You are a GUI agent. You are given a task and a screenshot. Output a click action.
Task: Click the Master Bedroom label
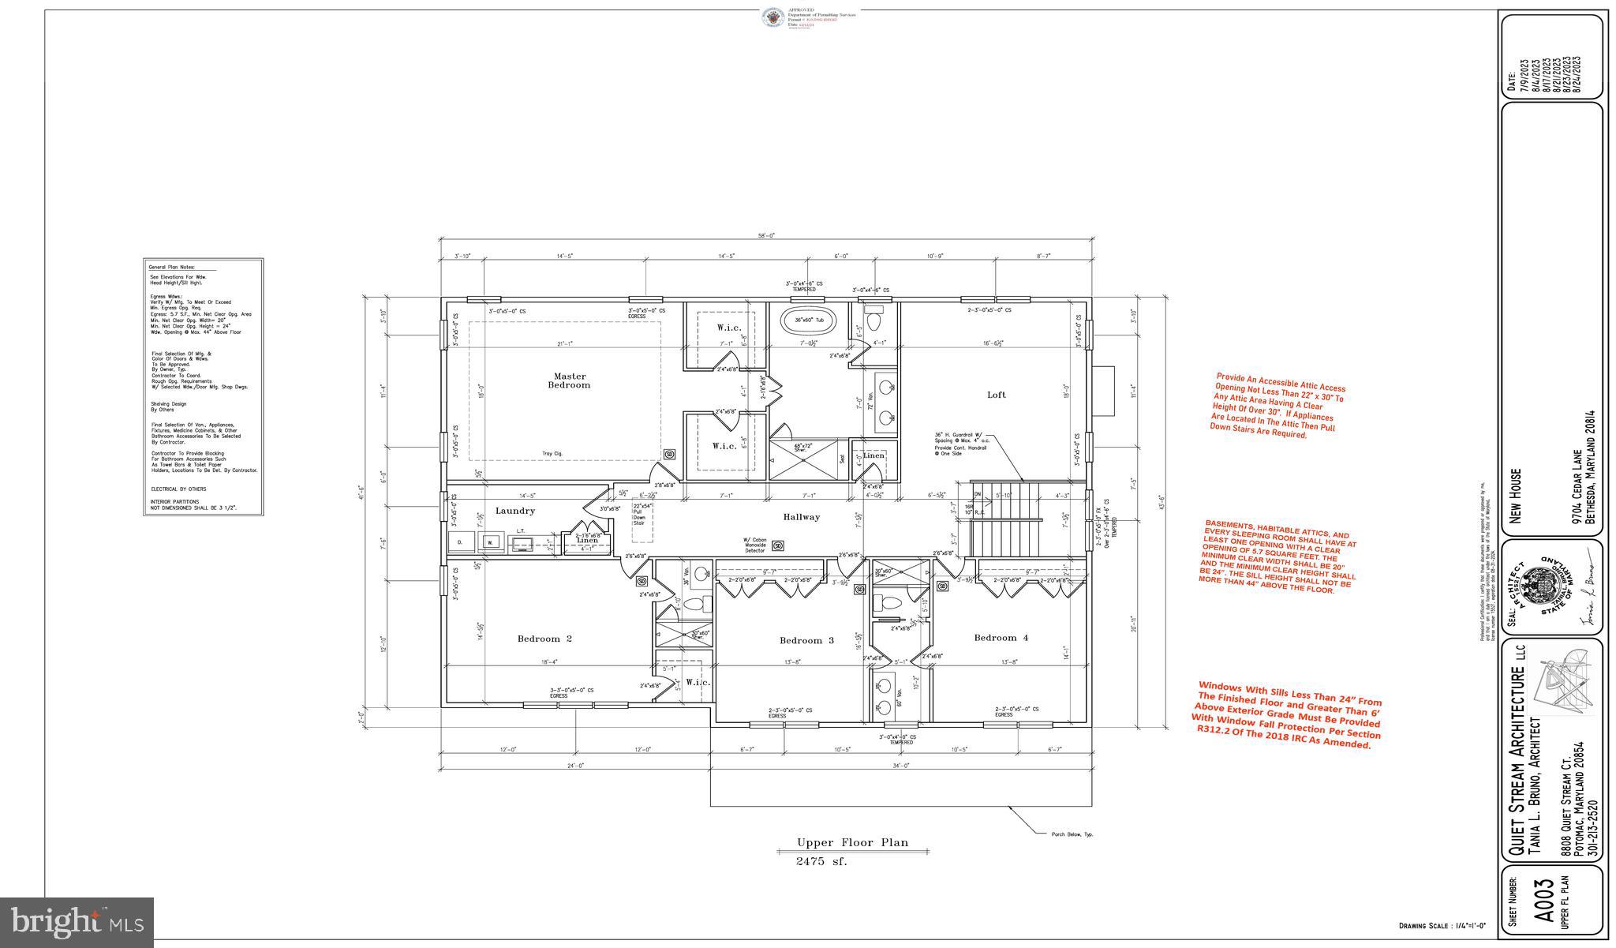click(569, 380)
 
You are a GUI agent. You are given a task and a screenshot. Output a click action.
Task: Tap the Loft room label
click(997, 395)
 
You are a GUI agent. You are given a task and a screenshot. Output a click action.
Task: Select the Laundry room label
click(514, 511)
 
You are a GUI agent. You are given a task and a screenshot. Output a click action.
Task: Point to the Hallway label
click(801, 517)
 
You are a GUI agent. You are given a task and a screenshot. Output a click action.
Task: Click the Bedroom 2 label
click(544, 639)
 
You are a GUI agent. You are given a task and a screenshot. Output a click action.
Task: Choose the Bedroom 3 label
click(806, 640)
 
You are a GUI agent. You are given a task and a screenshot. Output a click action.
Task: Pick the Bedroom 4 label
click(1001, 638)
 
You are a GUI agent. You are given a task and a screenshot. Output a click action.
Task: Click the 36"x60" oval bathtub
click(808, 320)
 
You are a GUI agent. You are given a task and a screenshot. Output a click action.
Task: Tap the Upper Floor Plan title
click(851, 842)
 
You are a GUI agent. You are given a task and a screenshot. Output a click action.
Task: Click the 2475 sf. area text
click(821, 862)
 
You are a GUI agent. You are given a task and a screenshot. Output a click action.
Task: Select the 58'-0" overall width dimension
click(766, 236)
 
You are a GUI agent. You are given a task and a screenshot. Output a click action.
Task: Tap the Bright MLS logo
click(77, 921)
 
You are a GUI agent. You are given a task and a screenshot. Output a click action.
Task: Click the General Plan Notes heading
click(171, 268)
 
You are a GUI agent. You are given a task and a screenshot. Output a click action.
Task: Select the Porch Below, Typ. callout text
click(1072, 834)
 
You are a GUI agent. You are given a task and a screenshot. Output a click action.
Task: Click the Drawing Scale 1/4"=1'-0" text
click(1442, 926)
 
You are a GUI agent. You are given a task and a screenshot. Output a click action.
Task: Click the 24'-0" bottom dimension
click(575, 766)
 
